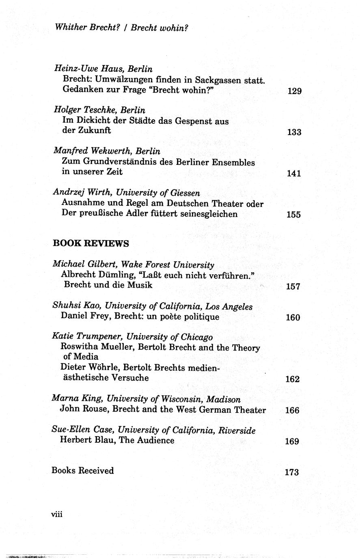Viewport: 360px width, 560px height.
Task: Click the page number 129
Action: [294, 91]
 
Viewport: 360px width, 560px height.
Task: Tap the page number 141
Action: [293, 174]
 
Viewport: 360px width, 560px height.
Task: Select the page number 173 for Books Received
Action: [292, 472]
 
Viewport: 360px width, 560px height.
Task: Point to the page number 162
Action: [292, 379]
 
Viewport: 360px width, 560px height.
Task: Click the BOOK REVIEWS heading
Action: [91, 243]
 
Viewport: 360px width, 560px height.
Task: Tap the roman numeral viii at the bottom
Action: [57, 514]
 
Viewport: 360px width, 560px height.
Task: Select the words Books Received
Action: [82, 471]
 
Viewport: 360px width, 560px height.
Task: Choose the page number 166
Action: [292, 410]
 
